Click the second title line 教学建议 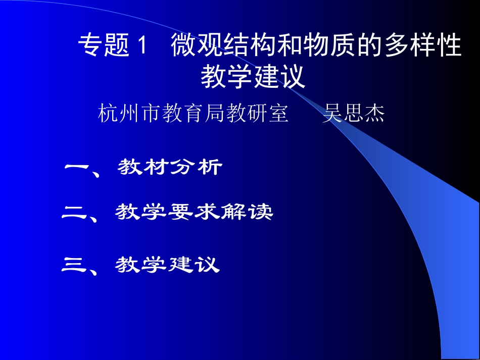point(253,77)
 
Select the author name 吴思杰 point(353,114)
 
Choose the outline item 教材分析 point(170,167)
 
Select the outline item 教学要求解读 point(194,213)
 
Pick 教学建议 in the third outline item point(167,264)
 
